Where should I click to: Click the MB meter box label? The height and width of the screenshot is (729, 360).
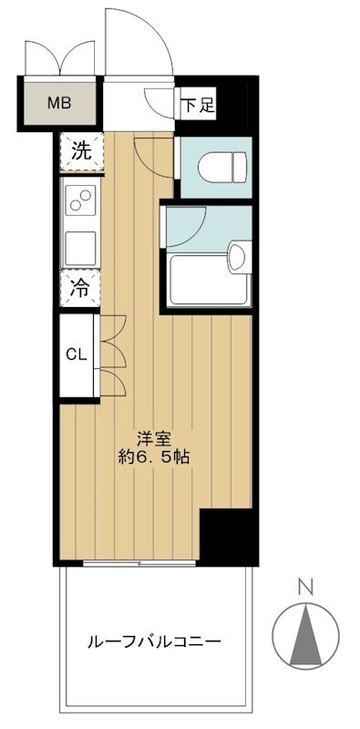point(59,103)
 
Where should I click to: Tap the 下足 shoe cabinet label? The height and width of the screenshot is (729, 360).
point(198,105)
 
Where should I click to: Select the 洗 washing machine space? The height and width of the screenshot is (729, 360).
point(81,152)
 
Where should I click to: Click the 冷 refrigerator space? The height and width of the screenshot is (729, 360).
point(80,288)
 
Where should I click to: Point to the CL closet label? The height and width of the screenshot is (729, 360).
point(77,355)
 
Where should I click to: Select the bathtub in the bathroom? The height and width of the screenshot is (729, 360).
point(209,279)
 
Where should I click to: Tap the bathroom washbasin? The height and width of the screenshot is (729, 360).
point(239,257)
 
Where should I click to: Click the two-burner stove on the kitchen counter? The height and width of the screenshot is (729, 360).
point(80,200)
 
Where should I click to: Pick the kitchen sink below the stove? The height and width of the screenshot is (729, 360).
point(80,248)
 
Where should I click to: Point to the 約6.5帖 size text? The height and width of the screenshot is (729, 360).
point(153,457)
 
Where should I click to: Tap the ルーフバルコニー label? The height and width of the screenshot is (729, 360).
point(154,642)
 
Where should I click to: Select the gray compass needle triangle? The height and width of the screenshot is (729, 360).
point(305,634)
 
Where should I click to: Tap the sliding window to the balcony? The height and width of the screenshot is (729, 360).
point(139,563)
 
